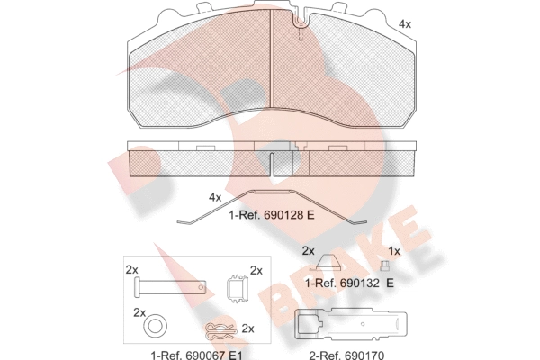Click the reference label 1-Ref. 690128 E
point(272,215)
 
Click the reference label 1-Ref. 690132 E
point(349,283)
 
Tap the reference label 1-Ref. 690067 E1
point(196,355)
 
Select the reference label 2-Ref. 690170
point(346,355)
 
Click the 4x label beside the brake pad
point(405,24)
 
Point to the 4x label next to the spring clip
point(215,197)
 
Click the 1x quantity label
point(394,251)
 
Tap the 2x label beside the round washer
point(139,312)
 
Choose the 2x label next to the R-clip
point(248,328)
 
